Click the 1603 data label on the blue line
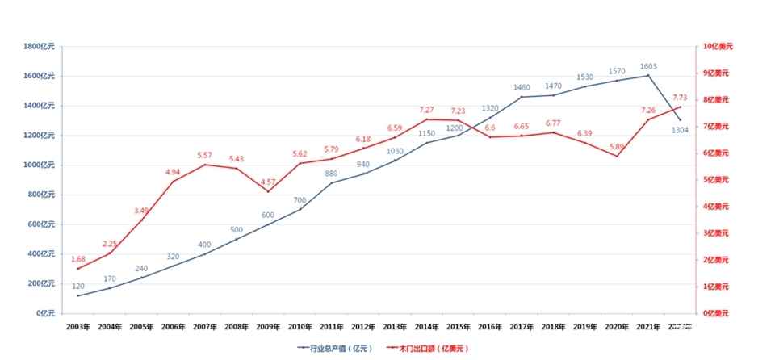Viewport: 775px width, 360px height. (x=648, y=67)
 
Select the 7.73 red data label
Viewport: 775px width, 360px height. (x=680, y=98)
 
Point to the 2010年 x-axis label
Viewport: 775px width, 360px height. (x=299, y=327)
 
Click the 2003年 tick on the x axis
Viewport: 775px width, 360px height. (x=78, y=327)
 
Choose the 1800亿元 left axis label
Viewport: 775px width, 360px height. (x=40, y=47)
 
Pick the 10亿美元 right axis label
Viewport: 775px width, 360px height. (x=715, y=47)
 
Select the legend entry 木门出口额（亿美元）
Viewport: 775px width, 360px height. (x=427, y=349)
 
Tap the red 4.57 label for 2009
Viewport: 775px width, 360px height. (x=267, y=182)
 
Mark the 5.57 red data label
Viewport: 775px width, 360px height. (x=204, y=155)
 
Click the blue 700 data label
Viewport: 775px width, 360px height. (x=300, y=200)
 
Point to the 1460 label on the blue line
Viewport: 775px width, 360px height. (x=522, y=87)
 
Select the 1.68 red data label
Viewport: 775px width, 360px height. (x=78, y=259)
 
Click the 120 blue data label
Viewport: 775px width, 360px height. (x=78, y=287)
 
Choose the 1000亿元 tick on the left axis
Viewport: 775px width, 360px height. (x=40, y=165)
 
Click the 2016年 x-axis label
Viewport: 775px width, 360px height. (x=489, y=327)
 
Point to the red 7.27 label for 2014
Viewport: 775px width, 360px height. (x=427, y=110)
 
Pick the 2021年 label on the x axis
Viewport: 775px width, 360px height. (x=648, y=327)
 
